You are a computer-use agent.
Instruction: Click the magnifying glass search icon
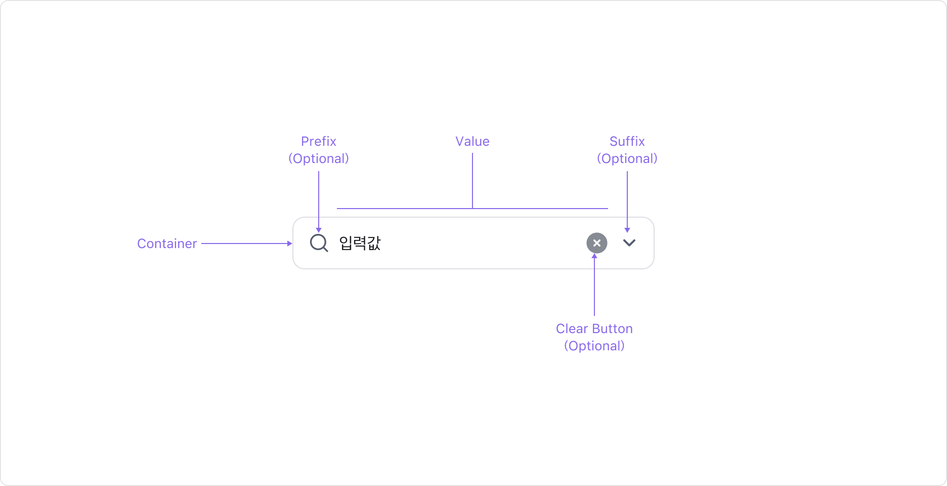click(x=319, y=242)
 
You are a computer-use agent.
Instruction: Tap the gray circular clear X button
click(x=597, y=243)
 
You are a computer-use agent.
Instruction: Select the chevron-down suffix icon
click(x=629, y=242)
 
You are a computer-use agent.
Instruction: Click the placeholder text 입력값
click(x=360, y=243)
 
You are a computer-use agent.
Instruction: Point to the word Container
click(x=167, y=244)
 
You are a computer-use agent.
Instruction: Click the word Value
click(x=472, y=141)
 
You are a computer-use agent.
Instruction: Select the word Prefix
click(x=319, y=141)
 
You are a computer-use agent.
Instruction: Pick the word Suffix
click(x=627, y=141)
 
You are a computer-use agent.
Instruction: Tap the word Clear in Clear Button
click(x=572, y=329)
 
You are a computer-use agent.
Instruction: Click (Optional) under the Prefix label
click(x=319, y=158)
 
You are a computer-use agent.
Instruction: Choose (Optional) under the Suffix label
click(x=627, y=158)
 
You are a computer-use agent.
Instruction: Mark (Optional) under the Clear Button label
click(x=594, y=346)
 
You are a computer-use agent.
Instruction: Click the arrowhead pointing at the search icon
click(x=319, y=230)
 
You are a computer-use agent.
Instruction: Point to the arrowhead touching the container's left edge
click(x=290, y=244)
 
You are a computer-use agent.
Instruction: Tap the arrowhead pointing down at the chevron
click(x=627, y=230)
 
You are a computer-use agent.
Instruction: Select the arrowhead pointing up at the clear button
click(x=594, y=256)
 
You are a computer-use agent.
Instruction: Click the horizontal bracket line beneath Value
click(x=405, y=209)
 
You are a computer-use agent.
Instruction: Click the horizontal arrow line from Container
click(x=243, y=244)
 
